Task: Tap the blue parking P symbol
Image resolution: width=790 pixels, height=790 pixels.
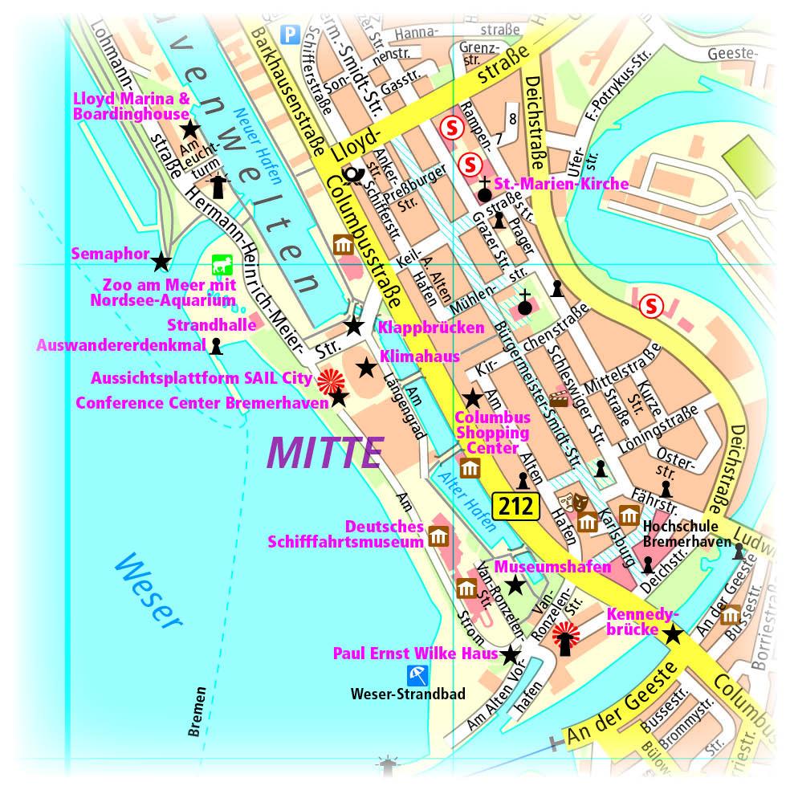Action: [289, 33]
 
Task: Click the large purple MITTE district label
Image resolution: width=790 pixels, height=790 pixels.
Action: [325, 453]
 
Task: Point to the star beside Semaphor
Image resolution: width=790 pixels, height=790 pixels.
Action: [161, 261]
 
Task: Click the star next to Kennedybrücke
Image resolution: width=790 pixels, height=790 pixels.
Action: [673, 634]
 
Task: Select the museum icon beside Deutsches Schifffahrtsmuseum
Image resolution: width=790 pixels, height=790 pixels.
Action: [438, 536]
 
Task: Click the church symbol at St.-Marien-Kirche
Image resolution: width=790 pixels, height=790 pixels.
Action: [484, 189]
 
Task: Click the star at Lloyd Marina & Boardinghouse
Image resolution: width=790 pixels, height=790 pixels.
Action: [189, 129]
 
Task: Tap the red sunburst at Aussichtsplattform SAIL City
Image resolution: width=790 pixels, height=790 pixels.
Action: [328, 378]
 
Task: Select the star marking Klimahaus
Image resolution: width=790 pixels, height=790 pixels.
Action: [366, 368]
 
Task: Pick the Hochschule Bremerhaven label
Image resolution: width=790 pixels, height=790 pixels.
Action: [678, 534]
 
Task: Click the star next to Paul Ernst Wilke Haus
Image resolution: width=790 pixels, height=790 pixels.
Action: [511, 654]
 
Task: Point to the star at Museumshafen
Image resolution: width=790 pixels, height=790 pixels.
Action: [515, 586]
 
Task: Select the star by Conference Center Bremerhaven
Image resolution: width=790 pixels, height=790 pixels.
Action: [339, 397]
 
